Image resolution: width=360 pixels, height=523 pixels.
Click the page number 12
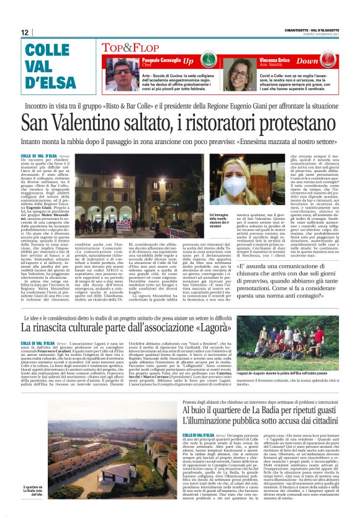(x=25, y=32)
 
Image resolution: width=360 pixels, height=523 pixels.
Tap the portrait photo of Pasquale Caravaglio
(x=111, y=74)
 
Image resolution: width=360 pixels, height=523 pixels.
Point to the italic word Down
(x=325, y=61)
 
